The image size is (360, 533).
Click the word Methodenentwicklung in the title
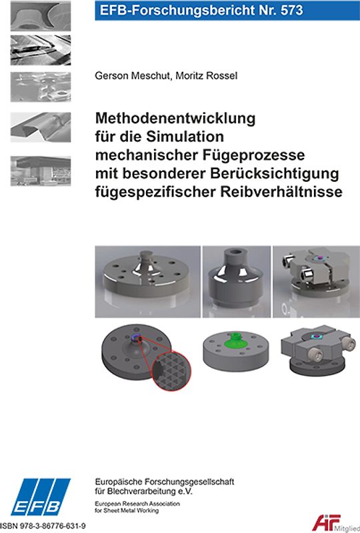tap(176, 120)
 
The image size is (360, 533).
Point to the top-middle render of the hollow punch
tap(236, 280)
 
